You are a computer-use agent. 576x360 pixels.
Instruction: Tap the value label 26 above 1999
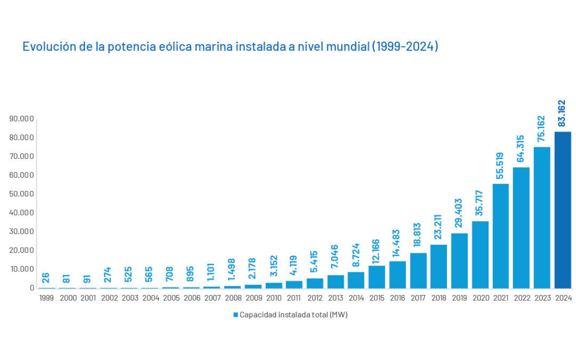click(46, 278)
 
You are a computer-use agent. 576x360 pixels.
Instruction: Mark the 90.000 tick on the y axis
click(22, 118)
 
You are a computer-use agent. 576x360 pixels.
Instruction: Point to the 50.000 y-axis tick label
click(22, 194)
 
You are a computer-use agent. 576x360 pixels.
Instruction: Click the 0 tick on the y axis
click(32, 287)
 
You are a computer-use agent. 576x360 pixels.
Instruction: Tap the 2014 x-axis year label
click(356, 298)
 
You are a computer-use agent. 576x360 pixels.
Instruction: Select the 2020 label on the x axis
click(480, 298)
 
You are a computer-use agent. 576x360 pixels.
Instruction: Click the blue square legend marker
click(235, 315)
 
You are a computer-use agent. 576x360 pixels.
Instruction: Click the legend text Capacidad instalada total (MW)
click(293, 315)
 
